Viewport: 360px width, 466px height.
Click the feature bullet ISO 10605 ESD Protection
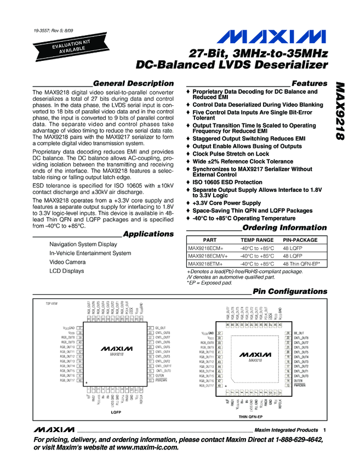[227, 182]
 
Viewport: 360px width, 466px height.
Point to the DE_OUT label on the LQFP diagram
[162, 327]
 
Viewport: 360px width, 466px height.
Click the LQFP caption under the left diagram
[115, 410]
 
